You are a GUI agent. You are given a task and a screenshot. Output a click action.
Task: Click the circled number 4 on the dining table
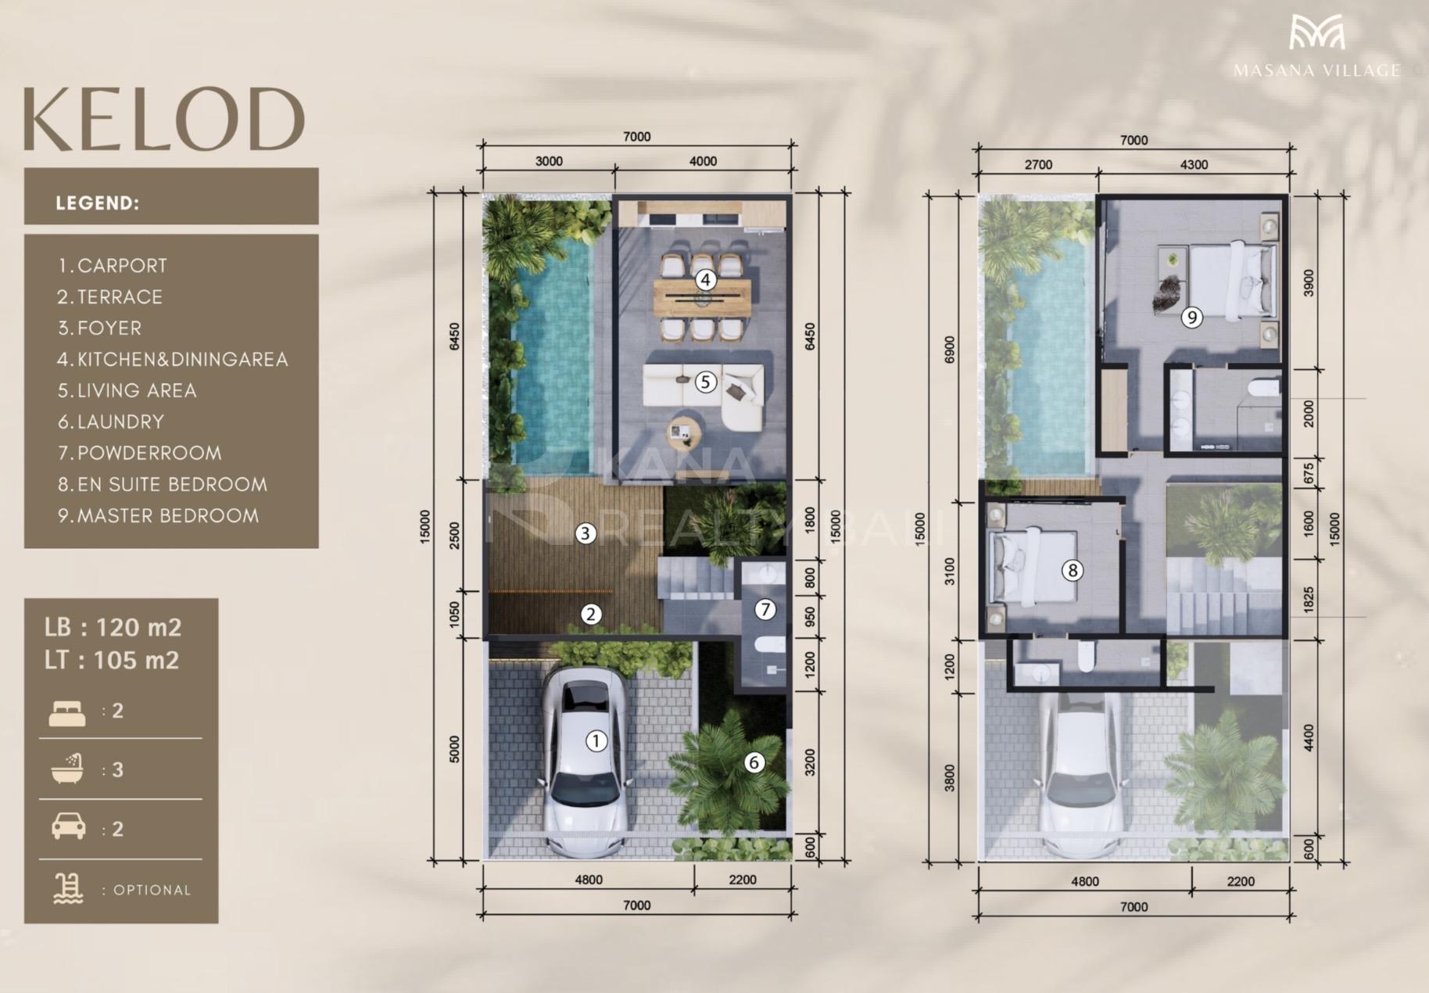click(705, 279)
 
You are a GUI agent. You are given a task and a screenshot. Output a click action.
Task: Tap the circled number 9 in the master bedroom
click(1191, 317)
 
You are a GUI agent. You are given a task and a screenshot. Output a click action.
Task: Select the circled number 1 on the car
click(596, 740)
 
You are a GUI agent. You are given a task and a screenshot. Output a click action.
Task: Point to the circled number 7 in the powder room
click(765, 609)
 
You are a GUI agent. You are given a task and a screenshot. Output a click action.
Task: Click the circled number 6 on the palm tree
click(754, 762)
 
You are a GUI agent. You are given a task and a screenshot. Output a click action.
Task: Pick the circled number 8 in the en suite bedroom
click(1073, 570)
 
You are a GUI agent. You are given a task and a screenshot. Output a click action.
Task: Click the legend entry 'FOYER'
click(109, 328)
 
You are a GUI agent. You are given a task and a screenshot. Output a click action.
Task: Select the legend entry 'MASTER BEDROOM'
click(167, 516)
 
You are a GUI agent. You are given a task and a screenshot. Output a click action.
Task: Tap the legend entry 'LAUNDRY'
click(120, 422)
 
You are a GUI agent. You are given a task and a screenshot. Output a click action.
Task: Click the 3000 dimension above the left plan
click(549, 161)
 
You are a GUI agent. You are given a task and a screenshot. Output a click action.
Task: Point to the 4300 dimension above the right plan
click(1194, 165)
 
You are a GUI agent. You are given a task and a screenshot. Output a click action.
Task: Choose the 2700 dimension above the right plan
click(1038, 165)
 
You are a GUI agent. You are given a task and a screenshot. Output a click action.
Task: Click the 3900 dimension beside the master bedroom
click(1309, 282)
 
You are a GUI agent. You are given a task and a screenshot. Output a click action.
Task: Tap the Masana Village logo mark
click(1317, 33)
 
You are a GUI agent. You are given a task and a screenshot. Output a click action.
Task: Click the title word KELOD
click(164, 119)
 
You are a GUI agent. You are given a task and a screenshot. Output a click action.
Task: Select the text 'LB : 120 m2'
click(113, 627)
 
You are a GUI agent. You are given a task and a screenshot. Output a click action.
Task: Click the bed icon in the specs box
click(67, 713)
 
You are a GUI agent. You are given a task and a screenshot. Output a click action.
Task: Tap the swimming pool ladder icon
click(68, 889)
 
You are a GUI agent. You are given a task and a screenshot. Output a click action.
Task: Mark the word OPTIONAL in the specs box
click(152, 890)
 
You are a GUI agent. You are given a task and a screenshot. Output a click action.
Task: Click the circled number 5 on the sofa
click(705, 382)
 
